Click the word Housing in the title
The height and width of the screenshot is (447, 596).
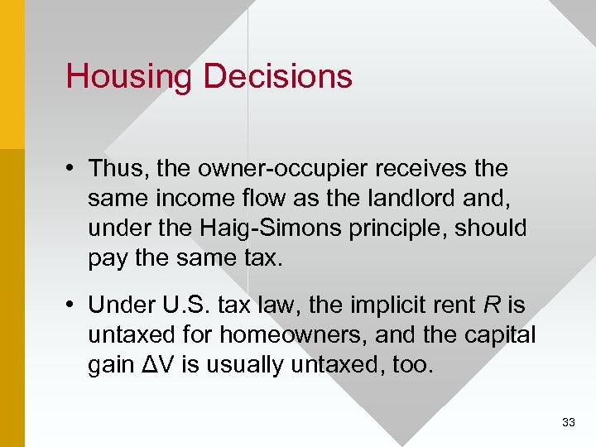(130, 76)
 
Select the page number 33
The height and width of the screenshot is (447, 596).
(568, 422)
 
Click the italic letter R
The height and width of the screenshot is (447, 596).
(491, 305)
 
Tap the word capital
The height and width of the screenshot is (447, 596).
(496, 335)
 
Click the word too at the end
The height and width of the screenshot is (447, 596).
(412, 365)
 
